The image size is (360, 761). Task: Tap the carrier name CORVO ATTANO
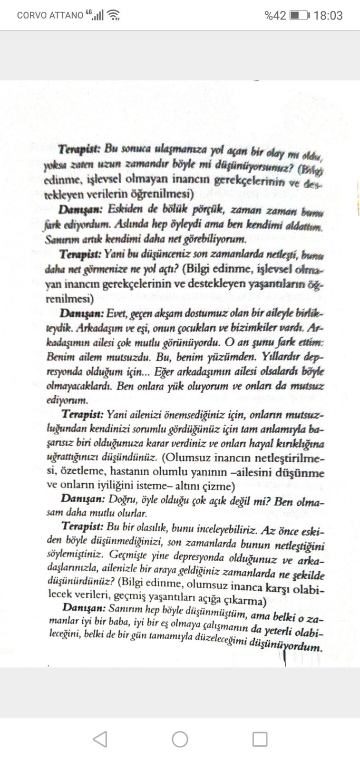pyautogui.click(x=50, y=15)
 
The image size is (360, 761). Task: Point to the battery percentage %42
pyautogui.click(x=275, y=16)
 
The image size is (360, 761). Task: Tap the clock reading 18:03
pyautogui.click(x=328, y=16)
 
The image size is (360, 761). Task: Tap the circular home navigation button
pyautogui.click(x=180, y=739)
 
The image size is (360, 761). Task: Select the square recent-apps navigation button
pyautogui.click(x=260, y=739)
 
